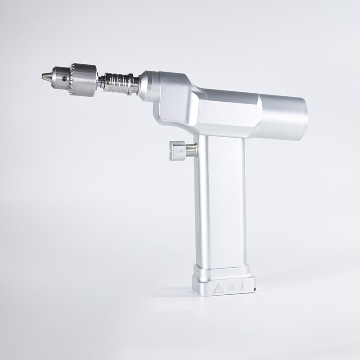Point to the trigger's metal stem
pyautogui.click(x=191, y=149)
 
